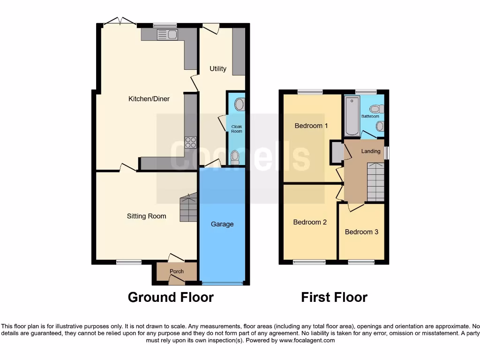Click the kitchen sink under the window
pos(167,34)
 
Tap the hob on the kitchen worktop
pos(190,142)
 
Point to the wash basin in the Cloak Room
pos(239,104)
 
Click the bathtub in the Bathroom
pos(352,116)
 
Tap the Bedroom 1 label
pos(311,126)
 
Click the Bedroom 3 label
pos(361,232)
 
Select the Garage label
pos(222,224)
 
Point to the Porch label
pos(177,271)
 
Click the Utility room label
pos(218,69)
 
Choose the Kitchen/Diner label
pos(149,99)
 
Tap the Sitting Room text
pos(146,216)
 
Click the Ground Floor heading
pos(171,297)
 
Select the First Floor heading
pos(334,297)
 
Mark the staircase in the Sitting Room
pos(188,208)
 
